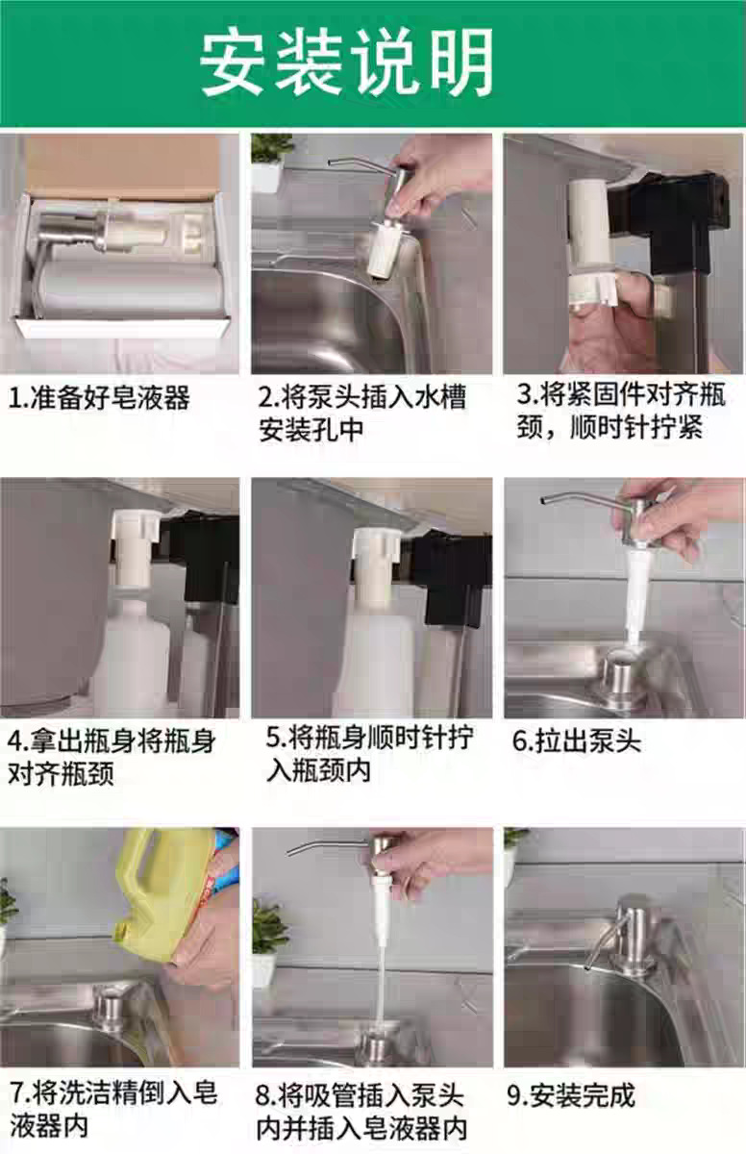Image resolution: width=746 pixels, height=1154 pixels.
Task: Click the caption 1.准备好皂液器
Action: (99, 396)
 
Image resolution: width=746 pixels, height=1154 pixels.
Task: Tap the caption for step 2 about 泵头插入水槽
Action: (362, 413)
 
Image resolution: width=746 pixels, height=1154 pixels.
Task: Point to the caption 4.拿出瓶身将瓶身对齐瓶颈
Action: (112, 757)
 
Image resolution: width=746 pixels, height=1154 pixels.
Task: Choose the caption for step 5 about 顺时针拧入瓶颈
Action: (369, 754)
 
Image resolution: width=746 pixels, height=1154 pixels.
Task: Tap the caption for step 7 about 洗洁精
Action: (113, 1107)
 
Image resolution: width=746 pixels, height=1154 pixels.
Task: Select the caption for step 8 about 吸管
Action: (361, 1110)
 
